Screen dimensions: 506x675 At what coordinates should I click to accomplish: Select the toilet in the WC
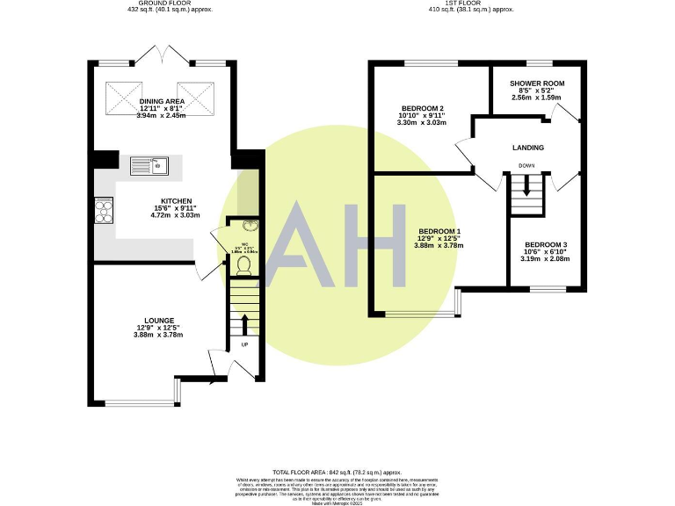(x=243, y=262)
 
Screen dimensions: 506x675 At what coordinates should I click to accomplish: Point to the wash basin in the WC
(x=243, y=225)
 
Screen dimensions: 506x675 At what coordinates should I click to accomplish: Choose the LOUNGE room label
(x=159, y=320)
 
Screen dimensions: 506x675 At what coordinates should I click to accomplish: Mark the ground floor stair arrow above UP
(x=243, y=324)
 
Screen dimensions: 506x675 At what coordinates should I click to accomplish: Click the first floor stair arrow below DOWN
(x=527, y=184)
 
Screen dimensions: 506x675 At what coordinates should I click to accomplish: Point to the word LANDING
(x=528, y=148)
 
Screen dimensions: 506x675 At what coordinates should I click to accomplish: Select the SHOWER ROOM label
(x=535, y=83)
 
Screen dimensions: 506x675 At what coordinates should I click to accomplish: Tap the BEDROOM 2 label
(x=422, y=108)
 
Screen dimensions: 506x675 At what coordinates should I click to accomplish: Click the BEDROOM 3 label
(x=546, y=244)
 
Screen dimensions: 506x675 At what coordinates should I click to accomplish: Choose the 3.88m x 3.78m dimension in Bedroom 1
(x=438, y=245)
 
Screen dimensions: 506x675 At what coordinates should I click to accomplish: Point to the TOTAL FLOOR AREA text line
(x=337, y=472)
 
